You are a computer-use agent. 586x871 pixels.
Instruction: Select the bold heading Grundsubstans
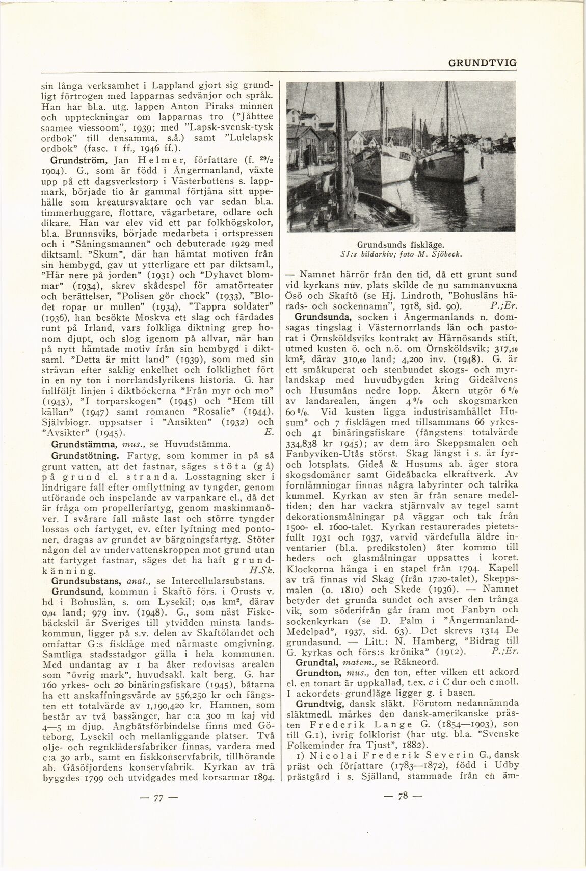click(x=84, y=580)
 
